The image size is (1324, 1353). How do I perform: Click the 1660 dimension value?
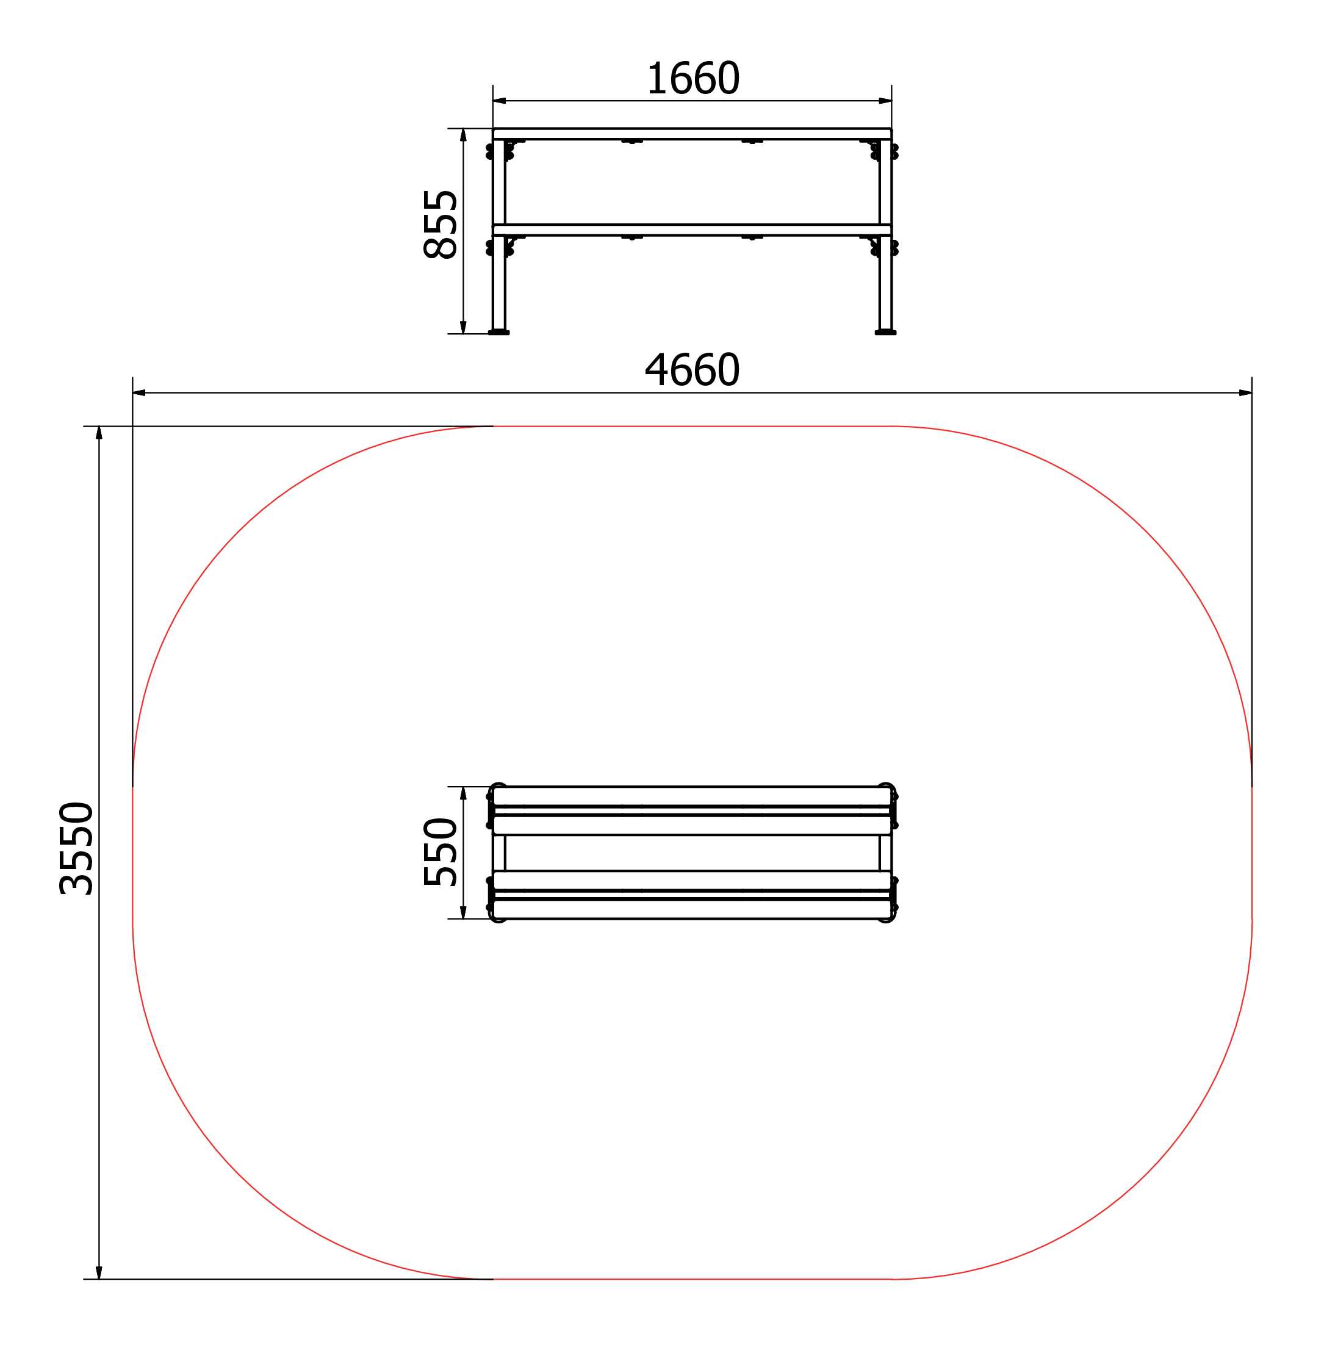coord(693,78)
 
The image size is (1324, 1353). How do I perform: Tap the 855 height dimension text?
coord(440,224)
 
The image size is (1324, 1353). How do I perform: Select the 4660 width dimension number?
coord(692,369)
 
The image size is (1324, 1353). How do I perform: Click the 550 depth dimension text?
coord(440,851)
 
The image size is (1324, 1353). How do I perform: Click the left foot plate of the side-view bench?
coord(498,333)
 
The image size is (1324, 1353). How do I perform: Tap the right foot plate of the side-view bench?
coord(885,333)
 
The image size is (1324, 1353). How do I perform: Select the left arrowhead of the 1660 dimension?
coord(499,101)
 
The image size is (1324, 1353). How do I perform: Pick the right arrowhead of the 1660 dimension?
coord(885,101)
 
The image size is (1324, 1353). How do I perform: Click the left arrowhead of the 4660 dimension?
coord(139,393)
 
